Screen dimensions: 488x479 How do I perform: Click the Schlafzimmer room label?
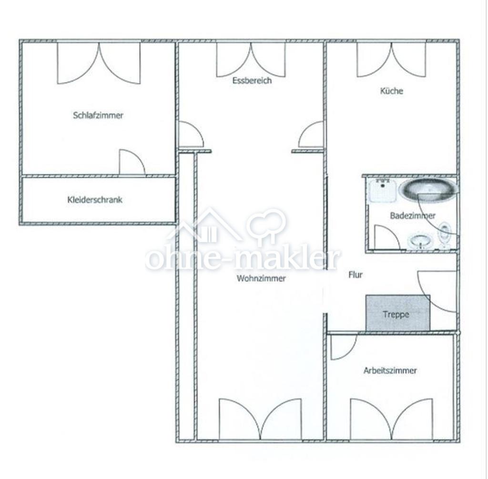(98, 115)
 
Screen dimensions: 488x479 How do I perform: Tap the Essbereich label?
(252, 81)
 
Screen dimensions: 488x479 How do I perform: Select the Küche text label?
(392, 91)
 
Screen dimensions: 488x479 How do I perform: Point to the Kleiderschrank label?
(95, 200)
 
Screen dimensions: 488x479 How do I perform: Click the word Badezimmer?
(413, 215)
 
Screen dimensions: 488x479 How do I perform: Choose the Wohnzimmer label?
(261, 278)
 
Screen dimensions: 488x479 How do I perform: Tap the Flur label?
(356, 275)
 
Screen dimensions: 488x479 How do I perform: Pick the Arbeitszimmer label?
(390, 370)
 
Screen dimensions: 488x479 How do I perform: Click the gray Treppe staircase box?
(398, 313)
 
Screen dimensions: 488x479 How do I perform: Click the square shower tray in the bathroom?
(383, 191)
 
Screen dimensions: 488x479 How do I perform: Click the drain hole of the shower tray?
(383, 186)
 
